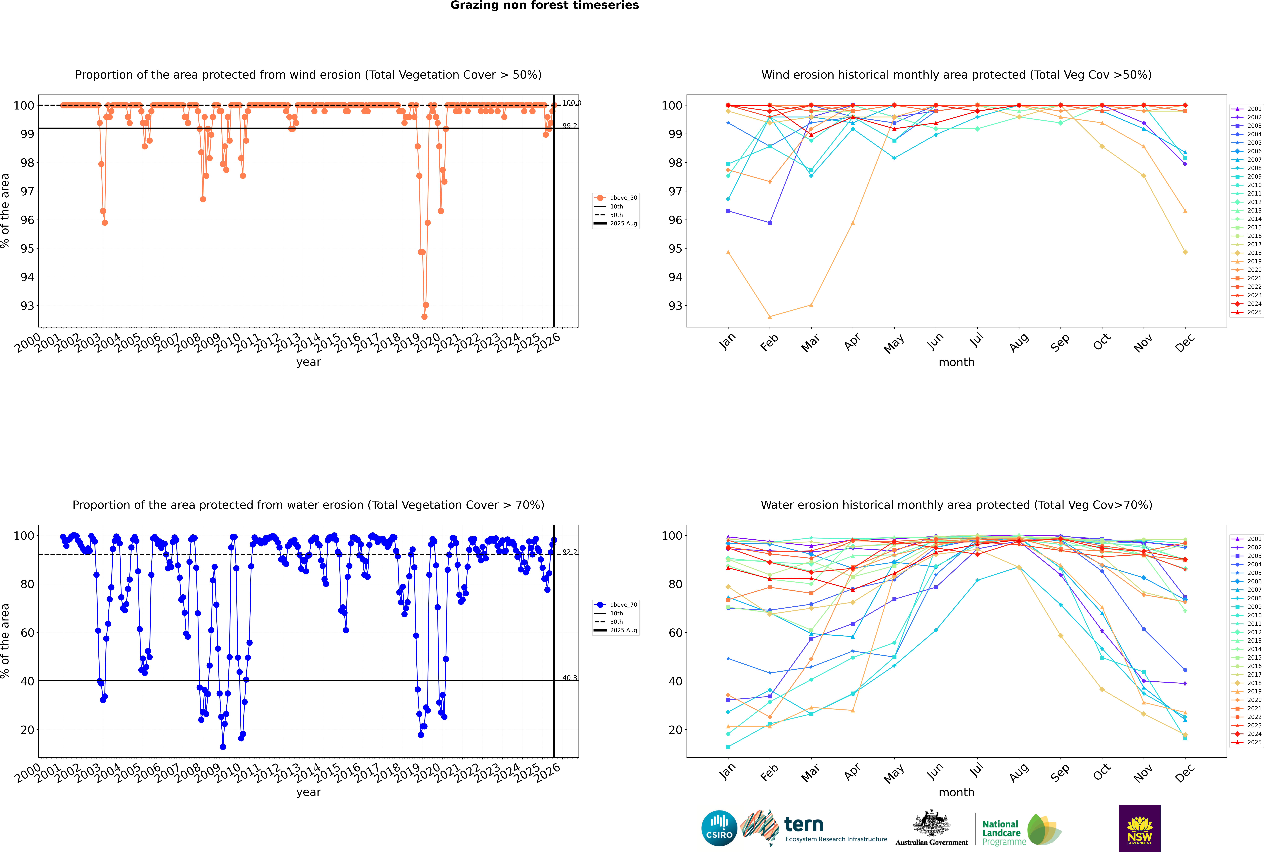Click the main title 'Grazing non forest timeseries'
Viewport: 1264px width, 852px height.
[545, 5]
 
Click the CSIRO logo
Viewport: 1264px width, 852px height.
[719, 829]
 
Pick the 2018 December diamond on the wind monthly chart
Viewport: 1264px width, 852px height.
[1185, 252]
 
